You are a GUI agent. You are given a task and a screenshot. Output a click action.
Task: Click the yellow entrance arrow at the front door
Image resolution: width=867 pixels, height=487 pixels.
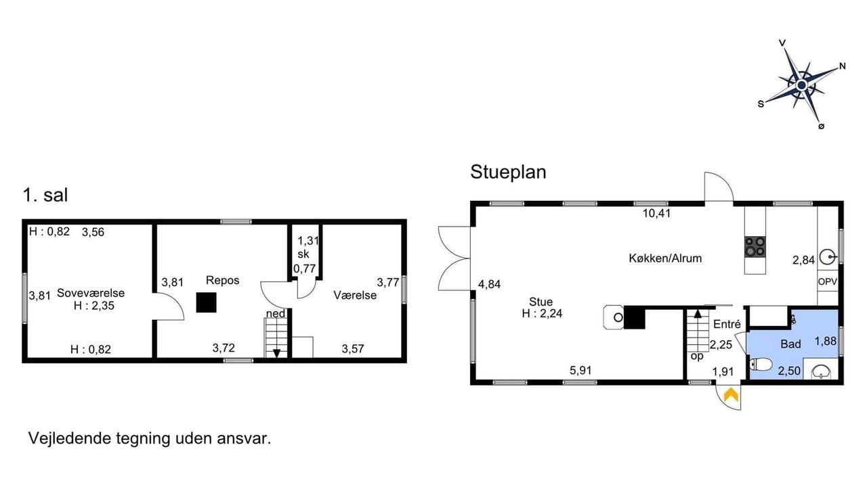point(731,395)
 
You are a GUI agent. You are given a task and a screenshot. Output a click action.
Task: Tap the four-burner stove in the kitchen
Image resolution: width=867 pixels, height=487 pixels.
point(755,247)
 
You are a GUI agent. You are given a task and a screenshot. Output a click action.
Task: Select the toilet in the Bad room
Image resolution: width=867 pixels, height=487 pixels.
point(761,365)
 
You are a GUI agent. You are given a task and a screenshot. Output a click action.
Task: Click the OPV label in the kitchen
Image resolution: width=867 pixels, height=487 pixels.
point(828,282)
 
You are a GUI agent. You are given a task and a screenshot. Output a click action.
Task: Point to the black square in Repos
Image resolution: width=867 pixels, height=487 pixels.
point(207,302)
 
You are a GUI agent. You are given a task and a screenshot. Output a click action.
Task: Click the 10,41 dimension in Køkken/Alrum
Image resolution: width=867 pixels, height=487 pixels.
point(656,213)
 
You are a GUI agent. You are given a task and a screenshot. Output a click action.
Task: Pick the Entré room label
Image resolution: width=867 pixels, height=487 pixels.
point(727,324)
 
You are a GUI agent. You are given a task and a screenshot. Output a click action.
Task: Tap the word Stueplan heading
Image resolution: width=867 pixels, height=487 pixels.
point(508,172)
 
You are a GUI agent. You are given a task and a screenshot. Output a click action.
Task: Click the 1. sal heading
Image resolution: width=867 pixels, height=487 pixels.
point(45,195)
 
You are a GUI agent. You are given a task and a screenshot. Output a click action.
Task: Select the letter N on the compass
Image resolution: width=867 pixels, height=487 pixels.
point(842,66)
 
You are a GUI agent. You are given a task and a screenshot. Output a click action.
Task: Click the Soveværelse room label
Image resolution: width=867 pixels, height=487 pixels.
point(91,293)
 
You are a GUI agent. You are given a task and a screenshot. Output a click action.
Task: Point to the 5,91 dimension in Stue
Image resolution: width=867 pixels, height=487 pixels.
point(580,370)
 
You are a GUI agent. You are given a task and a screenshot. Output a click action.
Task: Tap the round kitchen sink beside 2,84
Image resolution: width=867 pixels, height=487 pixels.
point(828,257)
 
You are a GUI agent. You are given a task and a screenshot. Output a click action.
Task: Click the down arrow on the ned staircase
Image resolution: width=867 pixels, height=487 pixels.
point(277,353)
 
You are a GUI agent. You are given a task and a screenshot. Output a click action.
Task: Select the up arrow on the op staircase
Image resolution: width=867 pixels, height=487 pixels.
point(698,313)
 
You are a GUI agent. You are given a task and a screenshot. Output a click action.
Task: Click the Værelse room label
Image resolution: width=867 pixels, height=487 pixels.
point(355,296)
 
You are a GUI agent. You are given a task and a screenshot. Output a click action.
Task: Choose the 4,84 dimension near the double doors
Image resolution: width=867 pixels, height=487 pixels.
point(489,285)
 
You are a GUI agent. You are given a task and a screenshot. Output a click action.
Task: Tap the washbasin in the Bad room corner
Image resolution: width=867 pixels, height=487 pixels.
point(820,371)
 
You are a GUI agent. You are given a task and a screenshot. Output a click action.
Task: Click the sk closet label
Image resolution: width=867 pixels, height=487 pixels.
point(303,254)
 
